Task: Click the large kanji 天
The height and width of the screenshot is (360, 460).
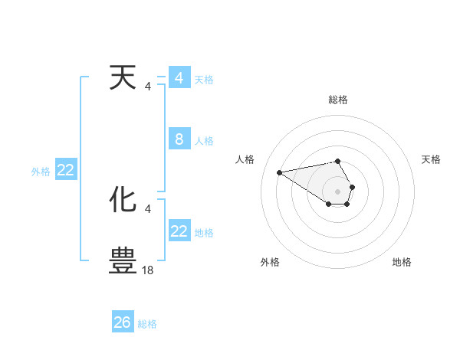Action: (x=123, y=78)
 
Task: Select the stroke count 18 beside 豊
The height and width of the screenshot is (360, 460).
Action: (x=148, y=270)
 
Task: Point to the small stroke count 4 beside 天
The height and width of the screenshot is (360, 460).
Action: (x=147, y=87)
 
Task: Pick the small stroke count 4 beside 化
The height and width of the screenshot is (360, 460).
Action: (x=147, y=208)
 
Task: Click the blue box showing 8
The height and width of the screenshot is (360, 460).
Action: (x=179, y=139)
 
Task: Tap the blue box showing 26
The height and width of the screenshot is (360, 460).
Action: (x=123, y=322)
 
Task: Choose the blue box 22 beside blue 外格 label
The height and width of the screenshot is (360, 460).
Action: (x=66, y=171)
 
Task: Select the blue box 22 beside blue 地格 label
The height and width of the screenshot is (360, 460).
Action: (x=179, y=231)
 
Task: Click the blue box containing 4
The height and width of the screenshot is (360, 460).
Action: (x=179, y=78)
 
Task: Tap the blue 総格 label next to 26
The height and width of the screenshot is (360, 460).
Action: (x=147, y=324)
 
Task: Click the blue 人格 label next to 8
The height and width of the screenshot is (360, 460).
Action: (x=204, y=141)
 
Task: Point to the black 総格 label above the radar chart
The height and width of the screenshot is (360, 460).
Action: (x=338, y=100)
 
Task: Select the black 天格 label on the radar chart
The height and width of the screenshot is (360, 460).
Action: (x=431, y=159)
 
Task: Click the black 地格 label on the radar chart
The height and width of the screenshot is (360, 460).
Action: (x=402, y=263)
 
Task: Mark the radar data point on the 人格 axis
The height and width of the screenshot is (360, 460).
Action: (x=279, y=172)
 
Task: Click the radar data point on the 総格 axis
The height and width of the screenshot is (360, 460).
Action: (x=338, y=161)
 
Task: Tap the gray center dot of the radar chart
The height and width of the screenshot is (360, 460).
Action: (x=338, y=191)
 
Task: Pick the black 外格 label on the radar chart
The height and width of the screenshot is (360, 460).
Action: (x=270, y=263)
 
